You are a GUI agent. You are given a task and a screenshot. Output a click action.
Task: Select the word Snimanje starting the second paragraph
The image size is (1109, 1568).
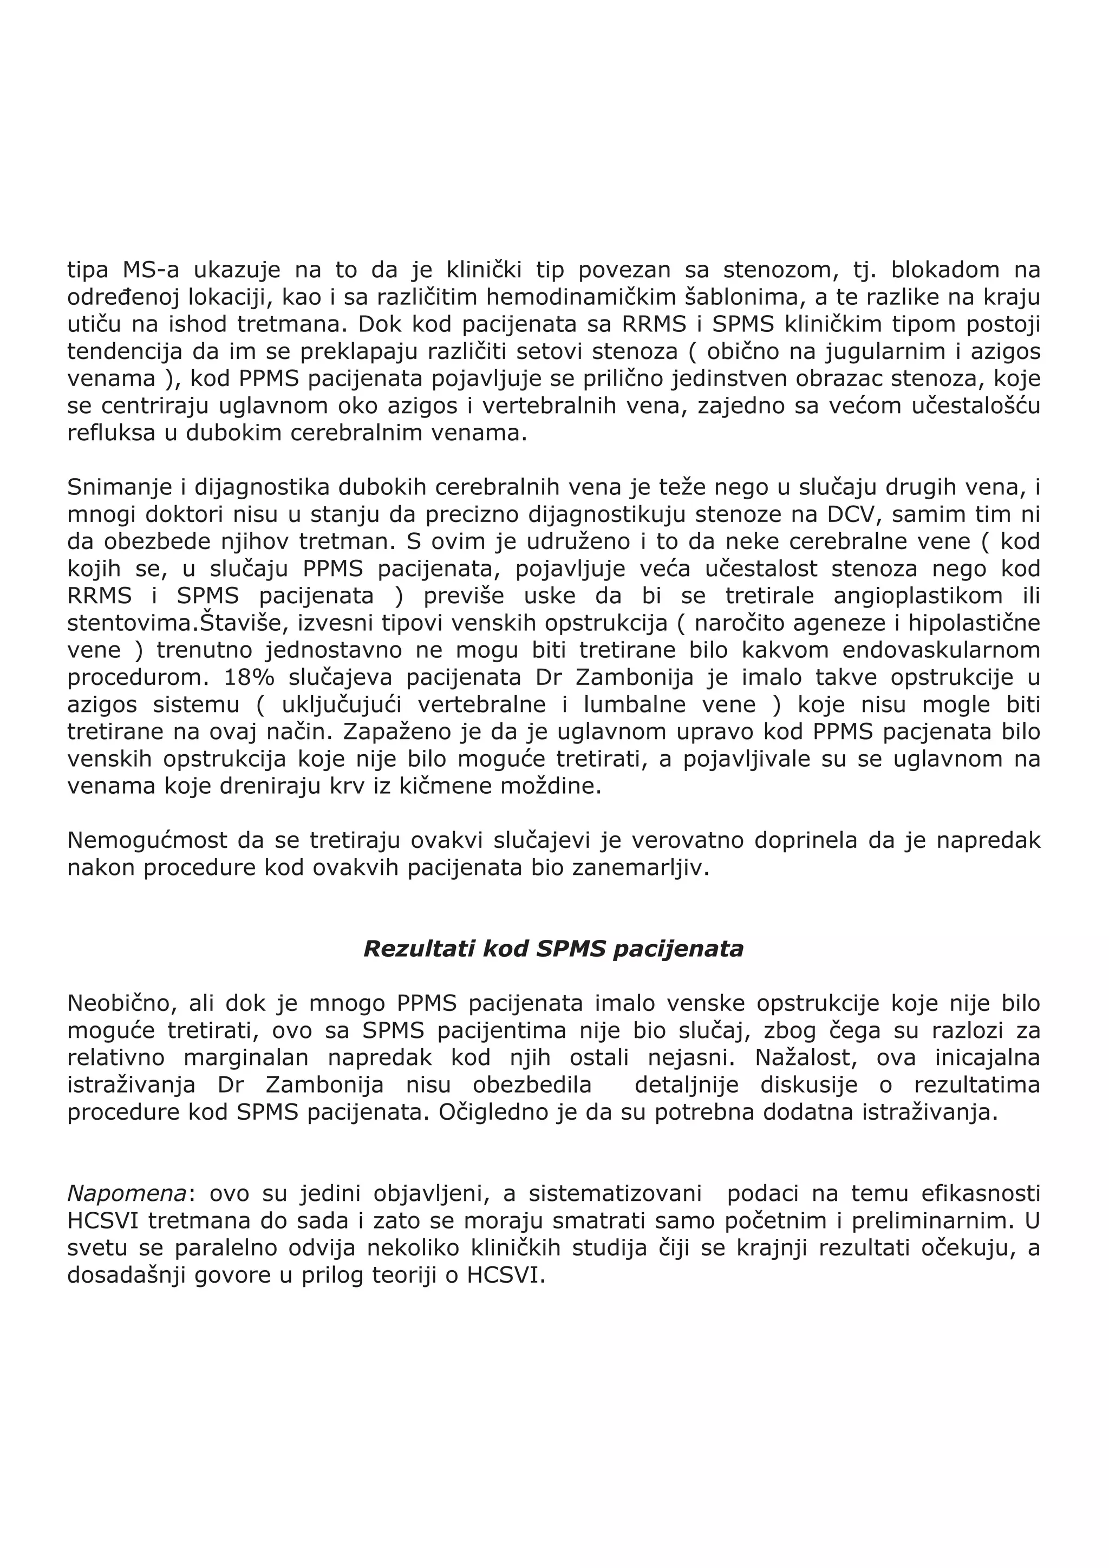(x=119, y=488)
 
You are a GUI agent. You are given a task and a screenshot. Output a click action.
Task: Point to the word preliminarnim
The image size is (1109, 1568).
(x=932, y=1220)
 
